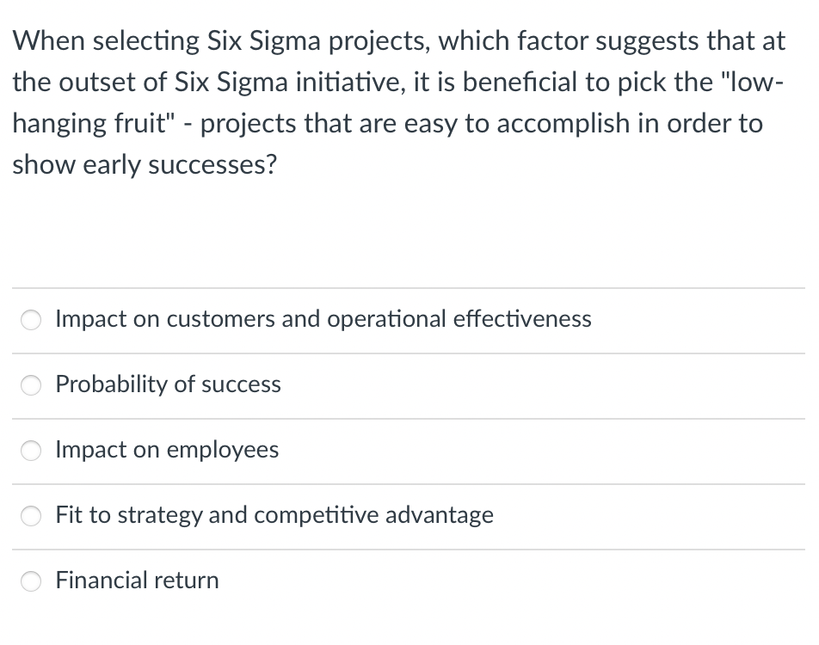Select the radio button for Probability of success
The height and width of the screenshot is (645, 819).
coord(32,385)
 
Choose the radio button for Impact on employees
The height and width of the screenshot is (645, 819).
coord(32,451)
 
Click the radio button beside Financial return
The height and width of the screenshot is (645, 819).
coord(32,581)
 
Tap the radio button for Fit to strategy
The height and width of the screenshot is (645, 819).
coord(32,516)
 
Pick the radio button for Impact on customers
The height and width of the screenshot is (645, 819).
coord(32,320)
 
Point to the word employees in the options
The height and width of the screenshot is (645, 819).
coord(223,450)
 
